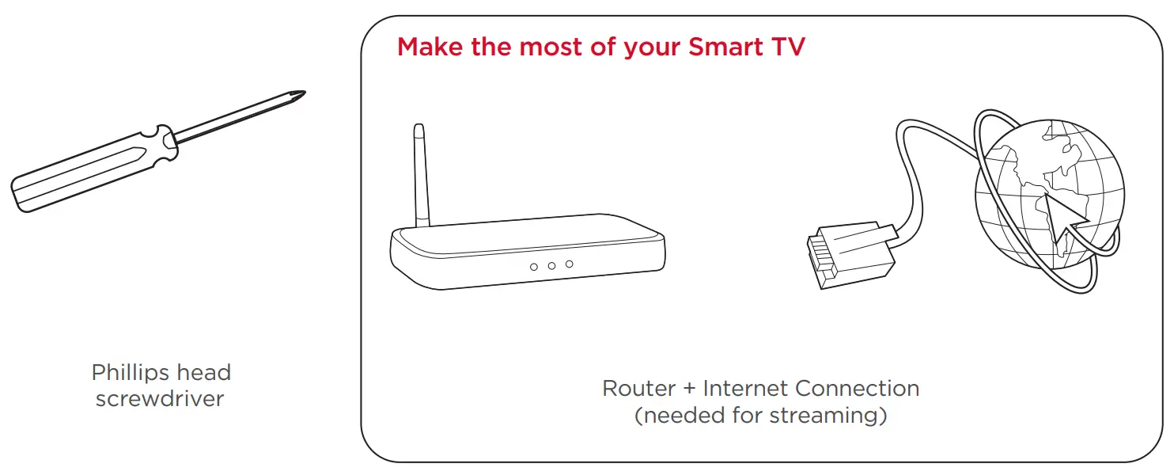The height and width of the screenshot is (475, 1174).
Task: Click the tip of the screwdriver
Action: (x=305, y=93)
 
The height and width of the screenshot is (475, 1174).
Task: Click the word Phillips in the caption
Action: (x=131, y=373)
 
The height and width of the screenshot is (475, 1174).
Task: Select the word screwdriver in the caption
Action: (x=160, y=399)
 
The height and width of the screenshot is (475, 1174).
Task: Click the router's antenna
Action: (x=421, y=176)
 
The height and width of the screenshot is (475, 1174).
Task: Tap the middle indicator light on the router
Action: (x=551, y=266)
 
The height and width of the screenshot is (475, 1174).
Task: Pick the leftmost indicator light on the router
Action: (x=533, y=268)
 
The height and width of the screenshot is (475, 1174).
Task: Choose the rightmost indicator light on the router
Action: (x=569, y=264)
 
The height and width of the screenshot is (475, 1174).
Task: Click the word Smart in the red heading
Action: (x=726, y=47)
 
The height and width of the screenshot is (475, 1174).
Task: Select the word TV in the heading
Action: (x=788, y=47)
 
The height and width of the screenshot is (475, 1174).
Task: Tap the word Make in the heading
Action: (x=430, y=47)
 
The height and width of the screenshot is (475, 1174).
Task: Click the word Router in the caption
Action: (x=639, y=389)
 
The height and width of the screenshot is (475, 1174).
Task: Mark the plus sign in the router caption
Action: (x=689, y=389)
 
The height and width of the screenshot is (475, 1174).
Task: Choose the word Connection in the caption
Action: (x=857, y=389)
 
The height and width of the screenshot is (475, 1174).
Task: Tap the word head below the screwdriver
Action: (x=204, y=373)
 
